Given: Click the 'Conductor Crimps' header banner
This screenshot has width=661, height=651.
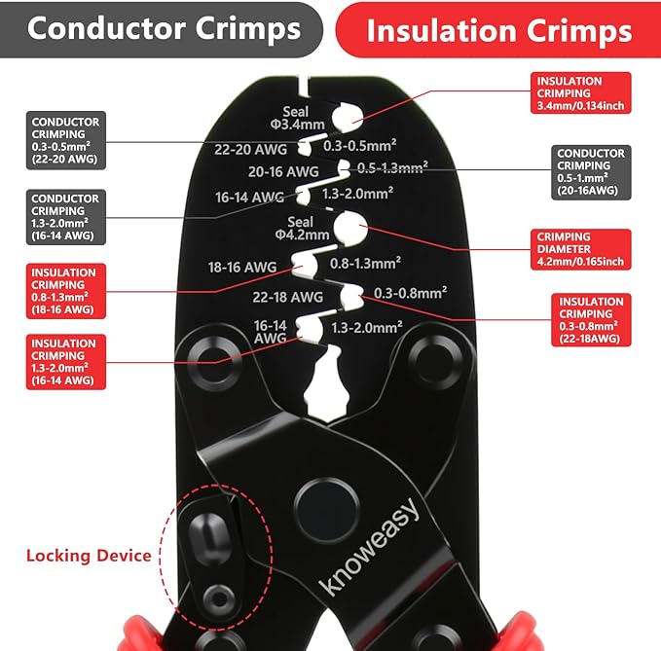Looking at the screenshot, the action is coord(161,29).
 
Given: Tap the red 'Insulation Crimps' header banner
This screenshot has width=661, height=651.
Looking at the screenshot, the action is coord(498,29).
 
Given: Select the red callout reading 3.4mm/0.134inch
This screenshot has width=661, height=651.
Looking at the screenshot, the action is coord(580,92).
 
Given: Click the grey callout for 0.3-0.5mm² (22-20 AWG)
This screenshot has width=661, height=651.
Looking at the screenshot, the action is coord(66,140).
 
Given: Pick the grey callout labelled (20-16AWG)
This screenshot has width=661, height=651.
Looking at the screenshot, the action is coord(591,172).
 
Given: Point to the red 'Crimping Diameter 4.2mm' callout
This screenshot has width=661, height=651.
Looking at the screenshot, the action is coord(580,249).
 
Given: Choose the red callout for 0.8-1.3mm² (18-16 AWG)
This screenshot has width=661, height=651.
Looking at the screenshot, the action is coord(66,291).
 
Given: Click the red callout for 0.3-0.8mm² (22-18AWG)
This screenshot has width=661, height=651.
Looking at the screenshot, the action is coord(591,320).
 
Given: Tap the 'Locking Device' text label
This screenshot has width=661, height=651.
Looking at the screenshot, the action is coord(89,556).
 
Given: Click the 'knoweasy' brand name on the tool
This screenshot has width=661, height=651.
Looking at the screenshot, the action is coord(369,547).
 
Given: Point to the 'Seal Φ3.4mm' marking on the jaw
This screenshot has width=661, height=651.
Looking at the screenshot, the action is coord(298,118).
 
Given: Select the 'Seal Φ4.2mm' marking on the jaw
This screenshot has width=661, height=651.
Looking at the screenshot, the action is coord(302,229).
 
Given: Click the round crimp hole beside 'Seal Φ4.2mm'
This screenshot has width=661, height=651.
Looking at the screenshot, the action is coord(349,228).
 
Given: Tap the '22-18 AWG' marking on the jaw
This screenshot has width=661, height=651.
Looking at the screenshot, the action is coord(288,297).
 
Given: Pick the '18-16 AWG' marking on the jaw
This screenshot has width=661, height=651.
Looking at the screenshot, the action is coord(242,268).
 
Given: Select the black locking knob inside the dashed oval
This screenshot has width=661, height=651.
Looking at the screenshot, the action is coord(209,538).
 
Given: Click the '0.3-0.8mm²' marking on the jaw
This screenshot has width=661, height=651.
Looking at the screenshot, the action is coord(410,293).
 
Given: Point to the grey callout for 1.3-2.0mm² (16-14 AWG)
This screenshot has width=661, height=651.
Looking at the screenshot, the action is coord(66,217).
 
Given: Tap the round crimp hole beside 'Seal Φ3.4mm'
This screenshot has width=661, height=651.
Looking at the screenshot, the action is coord(347,117).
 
